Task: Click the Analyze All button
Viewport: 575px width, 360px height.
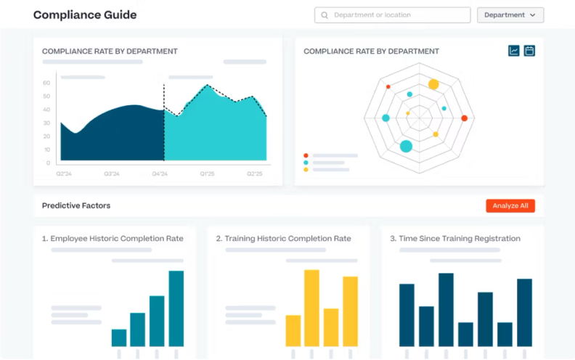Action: click(x=510, y=206)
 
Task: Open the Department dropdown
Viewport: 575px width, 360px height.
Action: click(x=510, y=15)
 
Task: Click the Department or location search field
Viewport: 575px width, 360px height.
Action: click(x=392, y=15)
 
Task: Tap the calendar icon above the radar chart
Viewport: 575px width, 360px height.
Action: click(x=529, y=51)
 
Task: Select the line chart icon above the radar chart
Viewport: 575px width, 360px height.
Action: click(x=514, y=51)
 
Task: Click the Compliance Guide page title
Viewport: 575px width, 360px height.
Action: click(x=85, y=15)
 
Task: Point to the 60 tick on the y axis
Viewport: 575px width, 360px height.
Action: click(x=46, y=83)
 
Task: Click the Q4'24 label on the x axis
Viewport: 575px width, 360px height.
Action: click(x=160, y=174)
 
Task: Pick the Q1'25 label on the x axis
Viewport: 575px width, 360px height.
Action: click(x=207, y=174)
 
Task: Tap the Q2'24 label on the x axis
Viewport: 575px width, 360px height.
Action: click(x=64, y=174)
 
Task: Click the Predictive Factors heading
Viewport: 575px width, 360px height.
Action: click(x=76, y=206)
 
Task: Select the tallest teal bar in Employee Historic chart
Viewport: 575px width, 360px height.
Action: click(x=176, y=308)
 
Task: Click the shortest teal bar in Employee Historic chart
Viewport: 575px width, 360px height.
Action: click(x=119, y=337)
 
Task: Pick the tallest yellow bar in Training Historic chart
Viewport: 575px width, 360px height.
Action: click(x=311, y=308)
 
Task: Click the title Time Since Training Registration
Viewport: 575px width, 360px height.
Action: click(x=455, y=239)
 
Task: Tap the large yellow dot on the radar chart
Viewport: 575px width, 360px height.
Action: click(x=433, y=85)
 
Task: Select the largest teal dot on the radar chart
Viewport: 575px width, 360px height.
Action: click(x=406, y=147)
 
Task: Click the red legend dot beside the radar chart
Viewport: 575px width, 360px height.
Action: click(x=306, y=155)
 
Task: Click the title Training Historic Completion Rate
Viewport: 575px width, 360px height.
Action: click(x=283, y=239)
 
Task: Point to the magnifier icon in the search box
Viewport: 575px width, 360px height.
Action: click(x=325, y=15)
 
